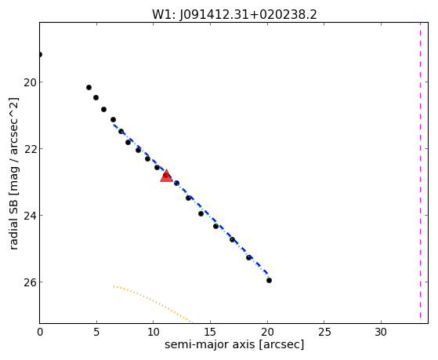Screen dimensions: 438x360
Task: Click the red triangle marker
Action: coord(166,176)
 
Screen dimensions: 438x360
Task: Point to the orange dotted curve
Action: coord(153,301)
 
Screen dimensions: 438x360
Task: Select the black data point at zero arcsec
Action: coord(40,54)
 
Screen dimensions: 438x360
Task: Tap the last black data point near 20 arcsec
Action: coord(269,280)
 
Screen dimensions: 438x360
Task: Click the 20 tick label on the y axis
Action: coord(30,82)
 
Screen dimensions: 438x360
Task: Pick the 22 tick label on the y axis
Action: coord(30,149)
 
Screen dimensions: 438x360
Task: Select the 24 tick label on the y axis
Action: coord(30,216)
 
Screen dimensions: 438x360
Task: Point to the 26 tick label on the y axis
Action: coord(30,282)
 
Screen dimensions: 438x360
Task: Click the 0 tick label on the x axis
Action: coord(40,332)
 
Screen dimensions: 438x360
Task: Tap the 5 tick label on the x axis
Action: coord(96,332)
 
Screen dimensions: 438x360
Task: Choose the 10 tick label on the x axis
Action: coord(154,332)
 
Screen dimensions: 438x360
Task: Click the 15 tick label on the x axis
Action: coord(210,332)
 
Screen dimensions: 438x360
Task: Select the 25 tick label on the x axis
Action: coord(324,332)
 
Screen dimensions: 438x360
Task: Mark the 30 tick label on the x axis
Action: coord(381,332)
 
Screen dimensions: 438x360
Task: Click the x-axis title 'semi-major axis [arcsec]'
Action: coord(234,344)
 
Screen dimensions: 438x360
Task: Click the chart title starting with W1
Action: coord(234,14)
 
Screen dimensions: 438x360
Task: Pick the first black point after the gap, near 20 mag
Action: coord(89,88)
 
